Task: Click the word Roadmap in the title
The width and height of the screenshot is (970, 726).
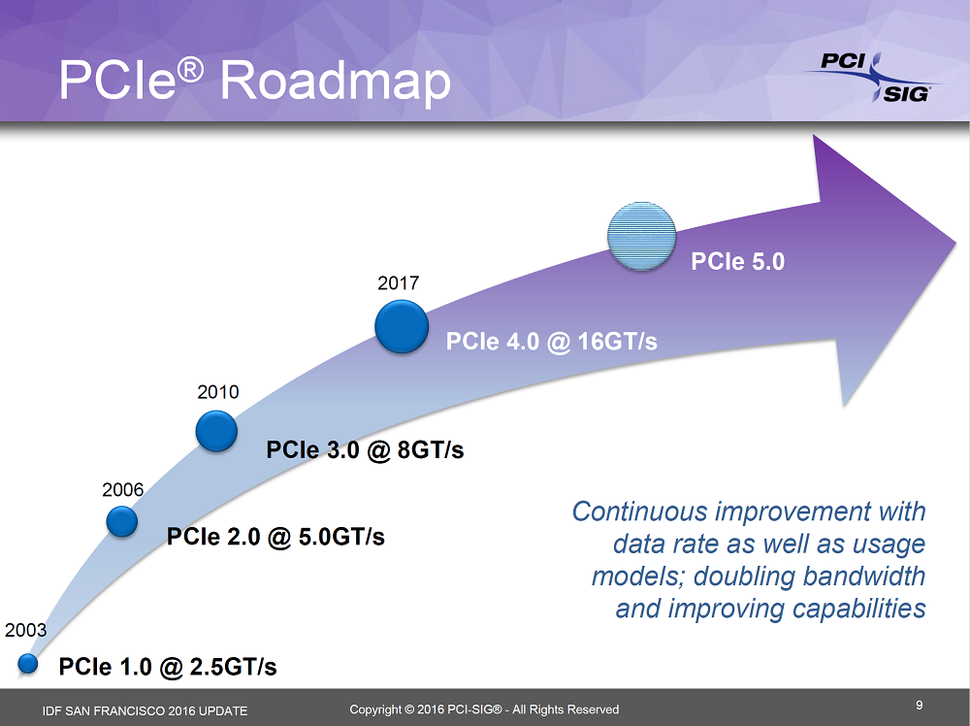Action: pos(336,80)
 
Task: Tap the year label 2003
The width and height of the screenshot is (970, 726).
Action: pos(26,631)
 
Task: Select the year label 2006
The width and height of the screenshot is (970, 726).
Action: pos(123,490)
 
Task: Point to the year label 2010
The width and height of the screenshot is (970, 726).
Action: pos(217,393)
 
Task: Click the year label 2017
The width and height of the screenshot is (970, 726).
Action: pos(398,283)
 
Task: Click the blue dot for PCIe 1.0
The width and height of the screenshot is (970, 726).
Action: pos(27,664)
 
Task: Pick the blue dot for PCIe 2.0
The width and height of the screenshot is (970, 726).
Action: pos(122,522)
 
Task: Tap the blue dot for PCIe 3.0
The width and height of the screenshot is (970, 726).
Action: pos(216,430)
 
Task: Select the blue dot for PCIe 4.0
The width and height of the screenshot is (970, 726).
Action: pos(402,326)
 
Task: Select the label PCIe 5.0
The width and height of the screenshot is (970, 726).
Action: pos(736,261)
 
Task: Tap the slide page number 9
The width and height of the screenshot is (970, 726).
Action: pos(919,705)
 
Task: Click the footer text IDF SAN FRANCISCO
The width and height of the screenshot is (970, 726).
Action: pos(106,710)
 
